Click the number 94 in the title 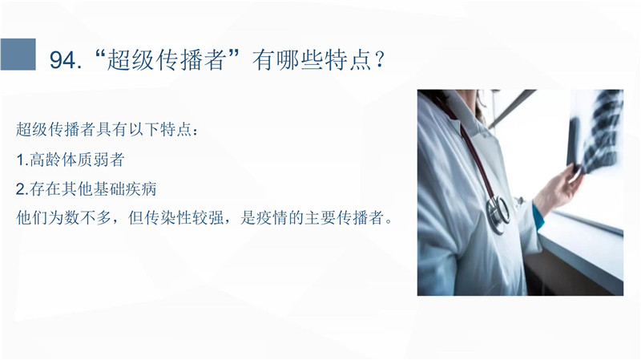coord(62,60)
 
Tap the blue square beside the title coord(18,55)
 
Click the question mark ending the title coord(379,60)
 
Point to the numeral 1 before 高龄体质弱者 coord(20,160)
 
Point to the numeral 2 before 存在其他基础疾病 coord(21,189)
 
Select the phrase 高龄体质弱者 coord(77,160)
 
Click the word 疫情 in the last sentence coord(272,217)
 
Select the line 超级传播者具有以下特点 coord(104,130)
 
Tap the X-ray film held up coord(595,131)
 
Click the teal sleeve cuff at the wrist coord(538,216)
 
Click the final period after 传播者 coord(389,221)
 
